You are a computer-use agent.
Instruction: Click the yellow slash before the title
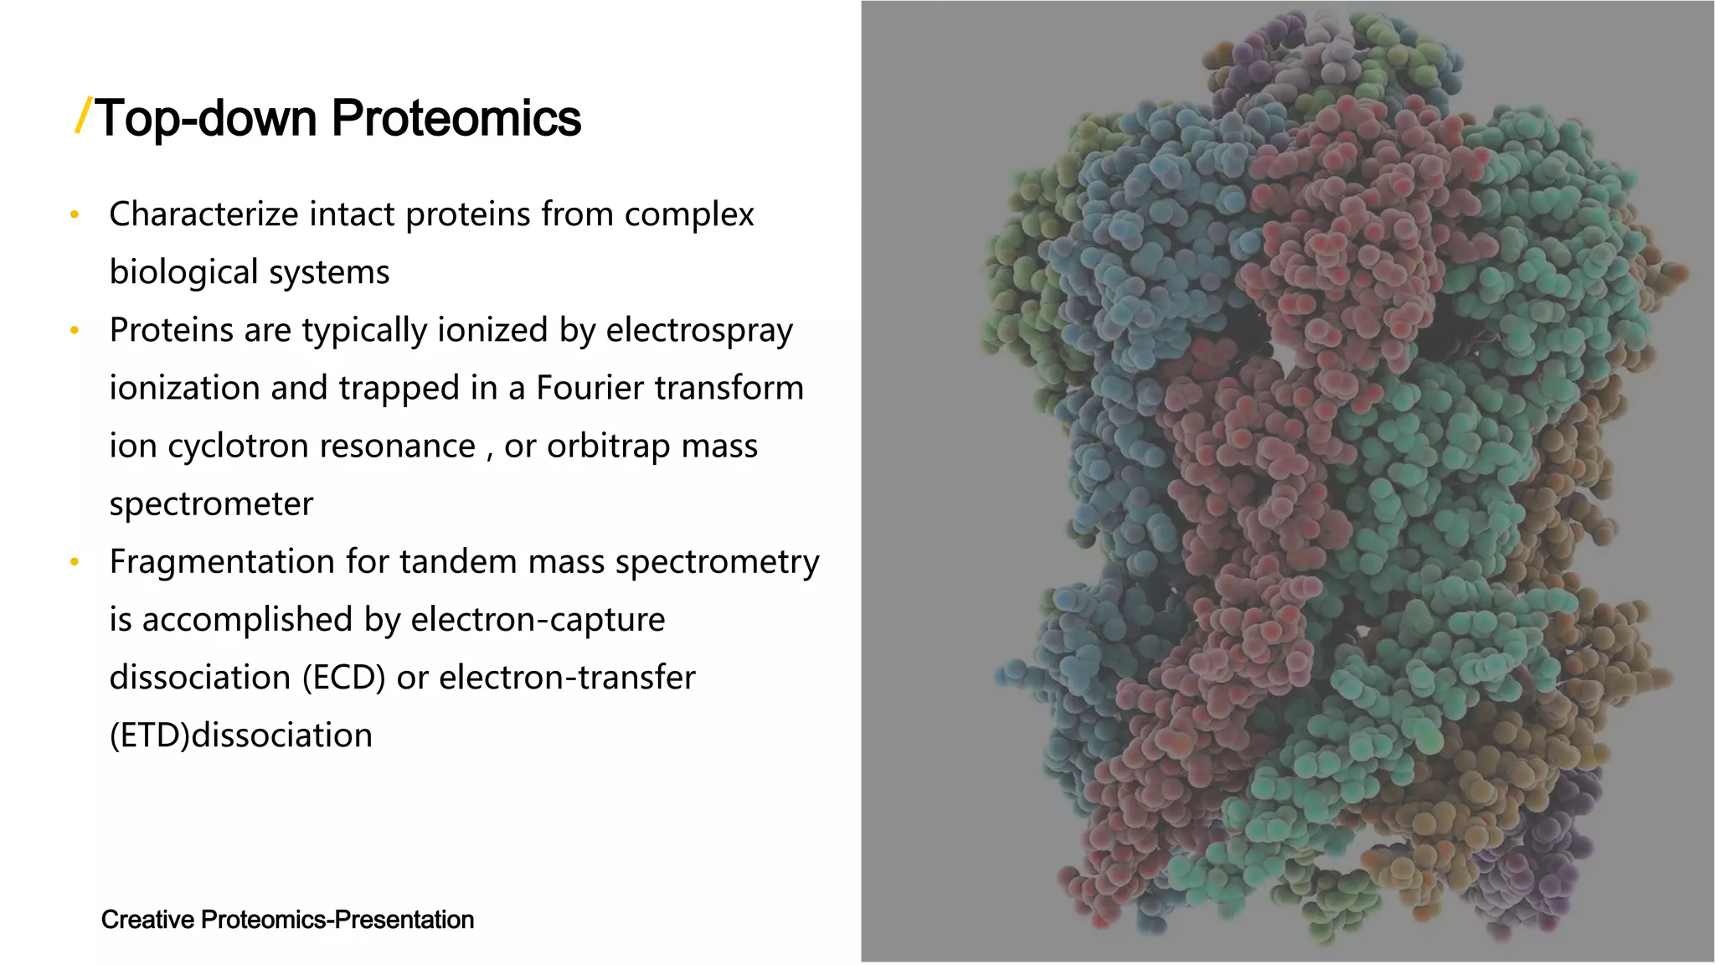[x=83, y=116]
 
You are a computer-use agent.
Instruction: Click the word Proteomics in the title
[x=456, y=118]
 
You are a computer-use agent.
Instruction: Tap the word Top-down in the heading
[x=207, y=118]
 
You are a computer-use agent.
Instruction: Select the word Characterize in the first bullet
[x=203, y=214]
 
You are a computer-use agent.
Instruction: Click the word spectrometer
[x=211, y=503]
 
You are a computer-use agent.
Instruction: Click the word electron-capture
[x=538, y=620]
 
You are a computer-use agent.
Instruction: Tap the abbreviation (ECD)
[x=343, y=678]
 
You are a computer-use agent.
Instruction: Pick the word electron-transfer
[x=567, y=678]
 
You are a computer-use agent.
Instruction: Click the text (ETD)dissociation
[x=241, y=735]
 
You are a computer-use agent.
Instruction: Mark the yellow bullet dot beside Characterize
[x=75, y=215]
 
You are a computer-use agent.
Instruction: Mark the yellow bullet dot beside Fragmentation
[x=75, y=562]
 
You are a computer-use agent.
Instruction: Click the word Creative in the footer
[x=147, y=920]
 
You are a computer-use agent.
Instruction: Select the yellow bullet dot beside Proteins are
[x=75, y=331]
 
